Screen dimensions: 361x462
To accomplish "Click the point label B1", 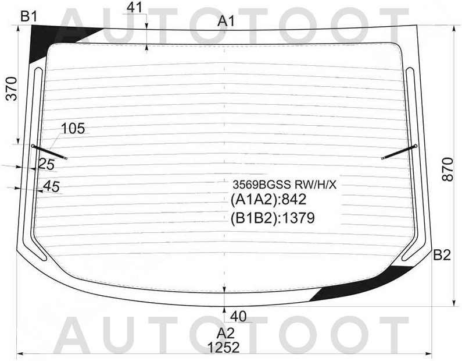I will pyautogui.click(x=29, y=16).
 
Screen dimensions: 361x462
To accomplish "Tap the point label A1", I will pyautogui.click(x=226, y=22).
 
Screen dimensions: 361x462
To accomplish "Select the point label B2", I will pyautogui.click(x=442, y=254).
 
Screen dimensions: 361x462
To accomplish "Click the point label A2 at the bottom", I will pyautogui.click(x=225, y=334).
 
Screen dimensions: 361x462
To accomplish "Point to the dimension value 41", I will pyautogui.click(x=134, y=8).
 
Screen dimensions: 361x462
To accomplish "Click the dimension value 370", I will pyautogui.click(x=12, y=89).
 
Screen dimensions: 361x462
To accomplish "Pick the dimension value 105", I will pyautogui.click(x=73, y=128).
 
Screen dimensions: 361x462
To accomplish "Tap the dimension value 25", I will pyautogui.click(x=46, y=165).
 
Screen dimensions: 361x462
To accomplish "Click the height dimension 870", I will pyautogui.click(x=447, y=169).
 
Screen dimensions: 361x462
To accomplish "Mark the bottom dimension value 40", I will pyautogui.click(x=239, y=316).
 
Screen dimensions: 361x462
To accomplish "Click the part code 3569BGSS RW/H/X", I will pyautogui.click(x=284, y=185).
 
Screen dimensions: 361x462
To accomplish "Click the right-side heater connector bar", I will pyautogui.click(x=400, y=152).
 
